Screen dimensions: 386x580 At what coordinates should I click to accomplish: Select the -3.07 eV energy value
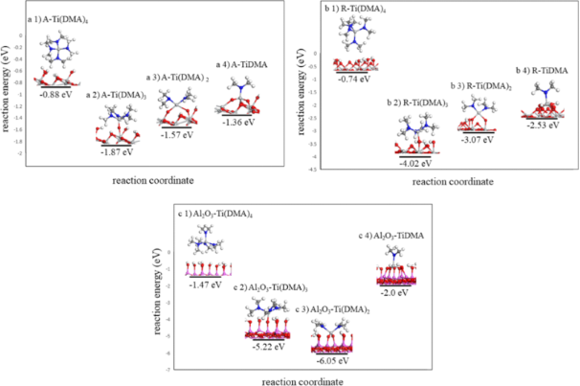pyautogui.click(x=476, y=140)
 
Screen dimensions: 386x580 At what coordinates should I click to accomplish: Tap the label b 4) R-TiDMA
pyautogui.click(x=543, y=70)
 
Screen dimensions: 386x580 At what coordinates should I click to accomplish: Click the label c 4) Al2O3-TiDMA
pyautogui.click(x=393, y=235)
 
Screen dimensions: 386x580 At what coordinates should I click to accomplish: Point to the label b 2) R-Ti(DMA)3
pyautogui.click(x=416, y=102)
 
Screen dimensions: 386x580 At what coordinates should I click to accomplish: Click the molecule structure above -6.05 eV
pyautogui.click(x=333, y=335)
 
